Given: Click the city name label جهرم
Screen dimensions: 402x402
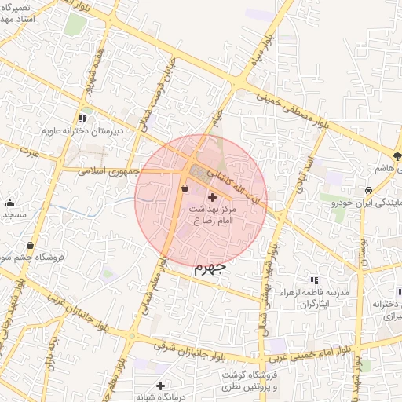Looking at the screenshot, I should pyautogui.click(x=209, y=268).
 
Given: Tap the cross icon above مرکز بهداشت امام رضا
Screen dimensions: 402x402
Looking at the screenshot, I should pyautogui.click(x=212, y=196).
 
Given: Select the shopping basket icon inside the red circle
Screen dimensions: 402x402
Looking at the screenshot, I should pyautogui.click(x=185, y=188).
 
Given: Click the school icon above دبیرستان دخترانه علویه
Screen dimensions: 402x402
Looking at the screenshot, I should pyautogui.click(x=82, y=119).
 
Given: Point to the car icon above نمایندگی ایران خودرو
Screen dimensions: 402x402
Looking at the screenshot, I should pyautogui.click(x=367, y=191).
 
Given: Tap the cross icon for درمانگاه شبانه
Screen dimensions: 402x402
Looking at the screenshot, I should pyautogui.click(x=160, y=386).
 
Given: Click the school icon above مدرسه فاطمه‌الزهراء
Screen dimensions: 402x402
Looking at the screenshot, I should pyautogui.click(x=314, y=280).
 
